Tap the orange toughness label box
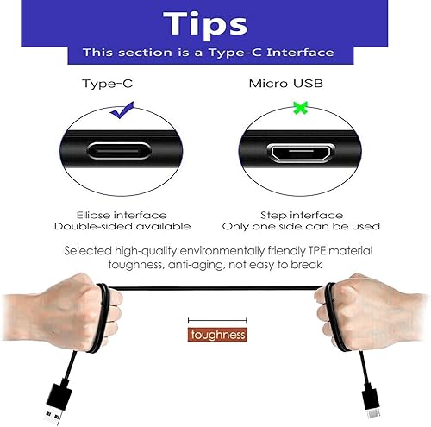[217, 335]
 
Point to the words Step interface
[301, 214]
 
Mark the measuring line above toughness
[217, 320]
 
